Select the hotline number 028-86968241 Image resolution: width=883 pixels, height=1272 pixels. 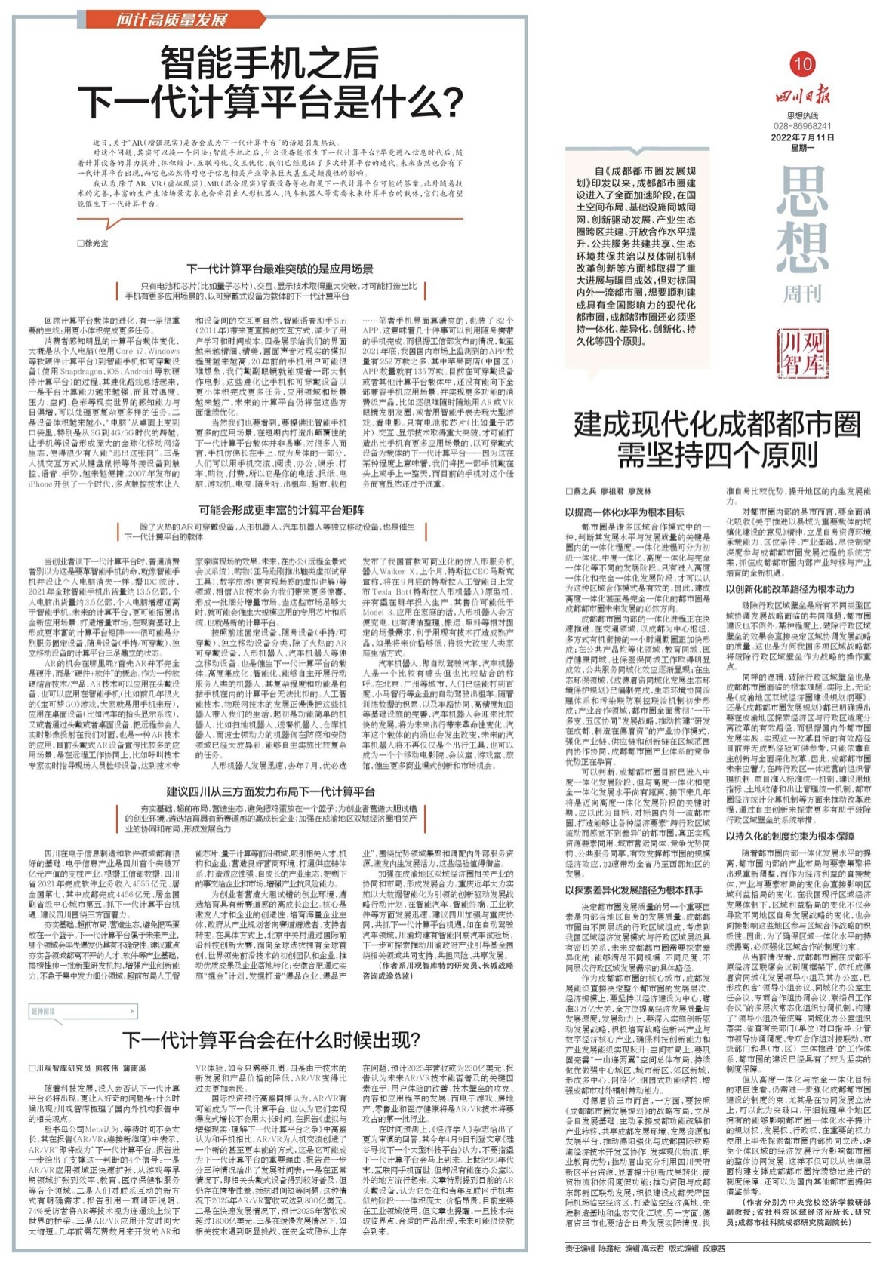pyautogui.click(x=801, y=126)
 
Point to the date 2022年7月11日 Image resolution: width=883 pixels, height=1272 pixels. pyautogui.click(x=801, y=137)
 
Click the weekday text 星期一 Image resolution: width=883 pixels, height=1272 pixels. pyautogui.click(x=801, y=148)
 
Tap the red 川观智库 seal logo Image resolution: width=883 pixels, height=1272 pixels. pyautogui.click(x=801, y=352)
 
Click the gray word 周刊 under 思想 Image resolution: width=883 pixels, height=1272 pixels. pyautogui.click(x=801, y=293)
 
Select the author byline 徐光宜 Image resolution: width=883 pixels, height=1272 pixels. pyautogui.click(x=94, y=244)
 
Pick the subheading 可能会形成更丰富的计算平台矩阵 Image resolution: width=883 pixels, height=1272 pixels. pyautogui.click(x=269, y=509)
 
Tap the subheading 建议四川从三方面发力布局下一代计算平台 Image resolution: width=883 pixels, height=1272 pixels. pyautogui.click(x=269, y=791)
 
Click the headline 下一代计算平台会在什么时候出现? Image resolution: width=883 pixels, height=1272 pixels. pyautogui.click(x=269, y=1040)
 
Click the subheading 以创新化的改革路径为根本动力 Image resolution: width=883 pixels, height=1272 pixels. pyautogui.click(x=789, y=588)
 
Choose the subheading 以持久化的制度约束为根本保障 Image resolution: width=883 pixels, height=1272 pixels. pyautogui.click(x=789, y=836)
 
